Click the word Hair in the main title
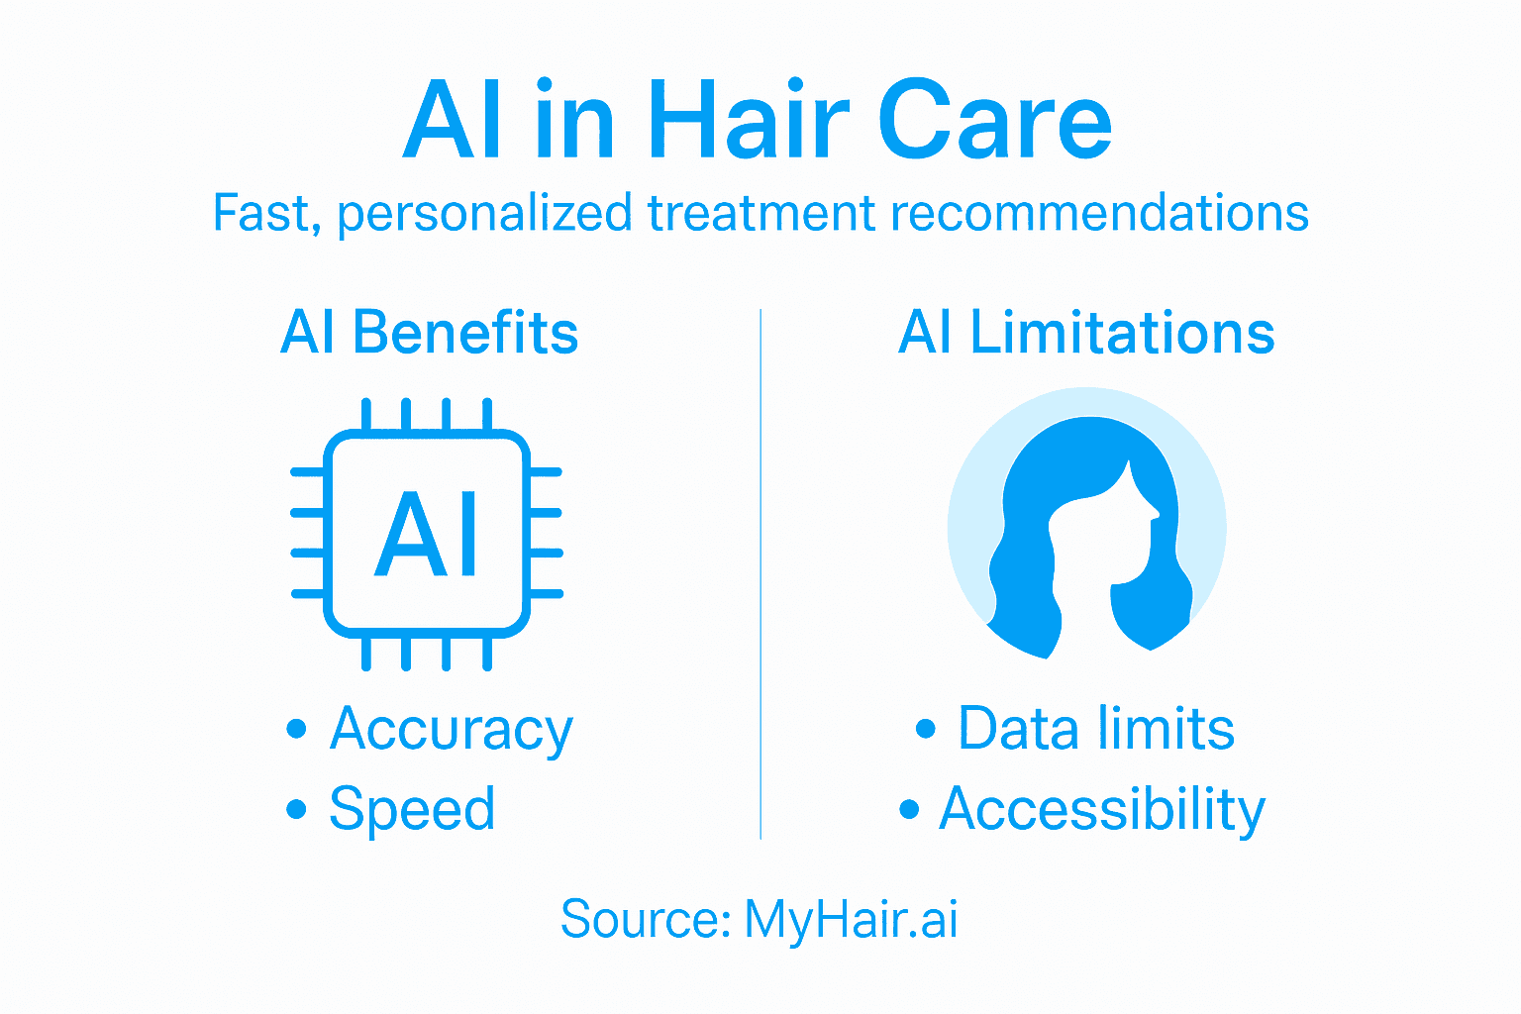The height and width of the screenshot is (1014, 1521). [749, 122]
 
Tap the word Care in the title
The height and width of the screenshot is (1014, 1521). [994, 122]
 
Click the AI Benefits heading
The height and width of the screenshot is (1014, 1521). [429, 333]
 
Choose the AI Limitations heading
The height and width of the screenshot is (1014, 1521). [1086, 333]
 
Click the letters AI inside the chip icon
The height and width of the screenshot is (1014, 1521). [427, 535]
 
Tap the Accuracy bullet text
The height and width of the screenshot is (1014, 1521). [452, 731]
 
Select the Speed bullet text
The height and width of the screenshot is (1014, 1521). [412, 810]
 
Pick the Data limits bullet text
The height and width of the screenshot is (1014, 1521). [1096, 730]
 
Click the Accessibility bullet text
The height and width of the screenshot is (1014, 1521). [1102, 810]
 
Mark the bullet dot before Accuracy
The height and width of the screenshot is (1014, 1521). [296, 730]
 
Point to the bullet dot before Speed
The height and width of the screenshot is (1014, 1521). [296, 809]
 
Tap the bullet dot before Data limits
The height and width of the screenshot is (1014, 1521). [926, 730]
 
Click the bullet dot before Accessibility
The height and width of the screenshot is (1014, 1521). [909, 809]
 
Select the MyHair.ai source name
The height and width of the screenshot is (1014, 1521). [851, 919]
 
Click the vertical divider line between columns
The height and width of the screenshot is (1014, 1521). [760, 574]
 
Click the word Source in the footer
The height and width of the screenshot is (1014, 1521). [645, 919]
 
